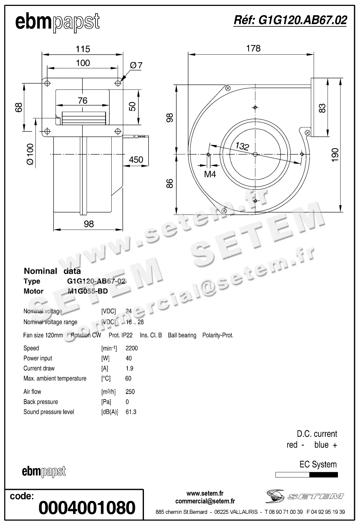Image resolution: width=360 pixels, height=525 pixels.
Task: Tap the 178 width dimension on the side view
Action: pyautogui.click(x=253, y=48)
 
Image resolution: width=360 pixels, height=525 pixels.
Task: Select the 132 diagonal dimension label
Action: pyautogui.click(x=242, y=146)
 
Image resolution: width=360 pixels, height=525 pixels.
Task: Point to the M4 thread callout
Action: pyautogui.click(x=210, y=174)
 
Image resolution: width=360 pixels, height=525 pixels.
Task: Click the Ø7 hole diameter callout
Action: pyautogui.click(x=136, y=65)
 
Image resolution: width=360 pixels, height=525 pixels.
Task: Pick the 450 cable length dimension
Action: pyautogui.click(x=136, y=160)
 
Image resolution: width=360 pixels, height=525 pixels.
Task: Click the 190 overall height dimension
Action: pyautogui.click(x=335, y=154)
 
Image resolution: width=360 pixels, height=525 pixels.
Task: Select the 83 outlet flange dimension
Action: pyautogui.click(x=322, y=108)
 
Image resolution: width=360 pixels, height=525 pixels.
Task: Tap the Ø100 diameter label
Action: pyautogui.click(x=30, y=154)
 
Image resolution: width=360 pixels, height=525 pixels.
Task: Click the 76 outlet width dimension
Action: pyautogui.click(x=82, y=101)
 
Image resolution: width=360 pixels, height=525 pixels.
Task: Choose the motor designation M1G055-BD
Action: pyautogui.click(x=88, y=291)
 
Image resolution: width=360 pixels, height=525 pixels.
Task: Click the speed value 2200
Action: pyautogui.click(x=132, y=348)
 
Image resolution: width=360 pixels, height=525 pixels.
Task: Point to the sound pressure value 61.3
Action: pyautogui.click(x=131, y=412)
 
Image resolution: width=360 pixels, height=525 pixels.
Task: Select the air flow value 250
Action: pyautogui.click(x=130, y=392)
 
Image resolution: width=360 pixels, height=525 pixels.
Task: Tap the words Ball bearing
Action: pyautogui.click(x=182, y=336)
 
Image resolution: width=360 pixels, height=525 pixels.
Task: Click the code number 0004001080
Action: pyautogui.click(x=87, y=508)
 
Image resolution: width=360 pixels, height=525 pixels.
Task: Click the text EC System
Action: pyautogui.click(x=318, y=464)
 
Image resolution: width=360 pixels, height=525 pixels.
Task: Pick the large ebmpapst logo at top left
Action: pyautogui.click(x=58, y=22)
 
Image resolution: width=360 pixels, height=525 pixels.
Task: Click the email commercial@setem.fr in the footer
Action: pyautogui.click(x=205, y=501)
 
